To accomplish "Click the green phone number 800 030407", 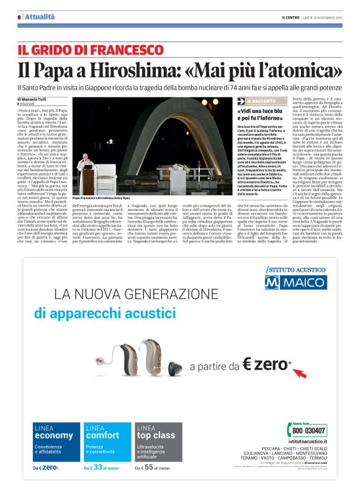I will (x=308, y=430).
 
